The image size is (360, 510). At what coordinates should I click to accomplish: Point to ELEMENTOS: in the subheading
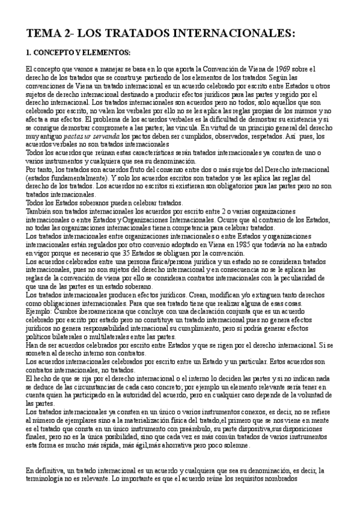pyautogui.click(x=107, y=52)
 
